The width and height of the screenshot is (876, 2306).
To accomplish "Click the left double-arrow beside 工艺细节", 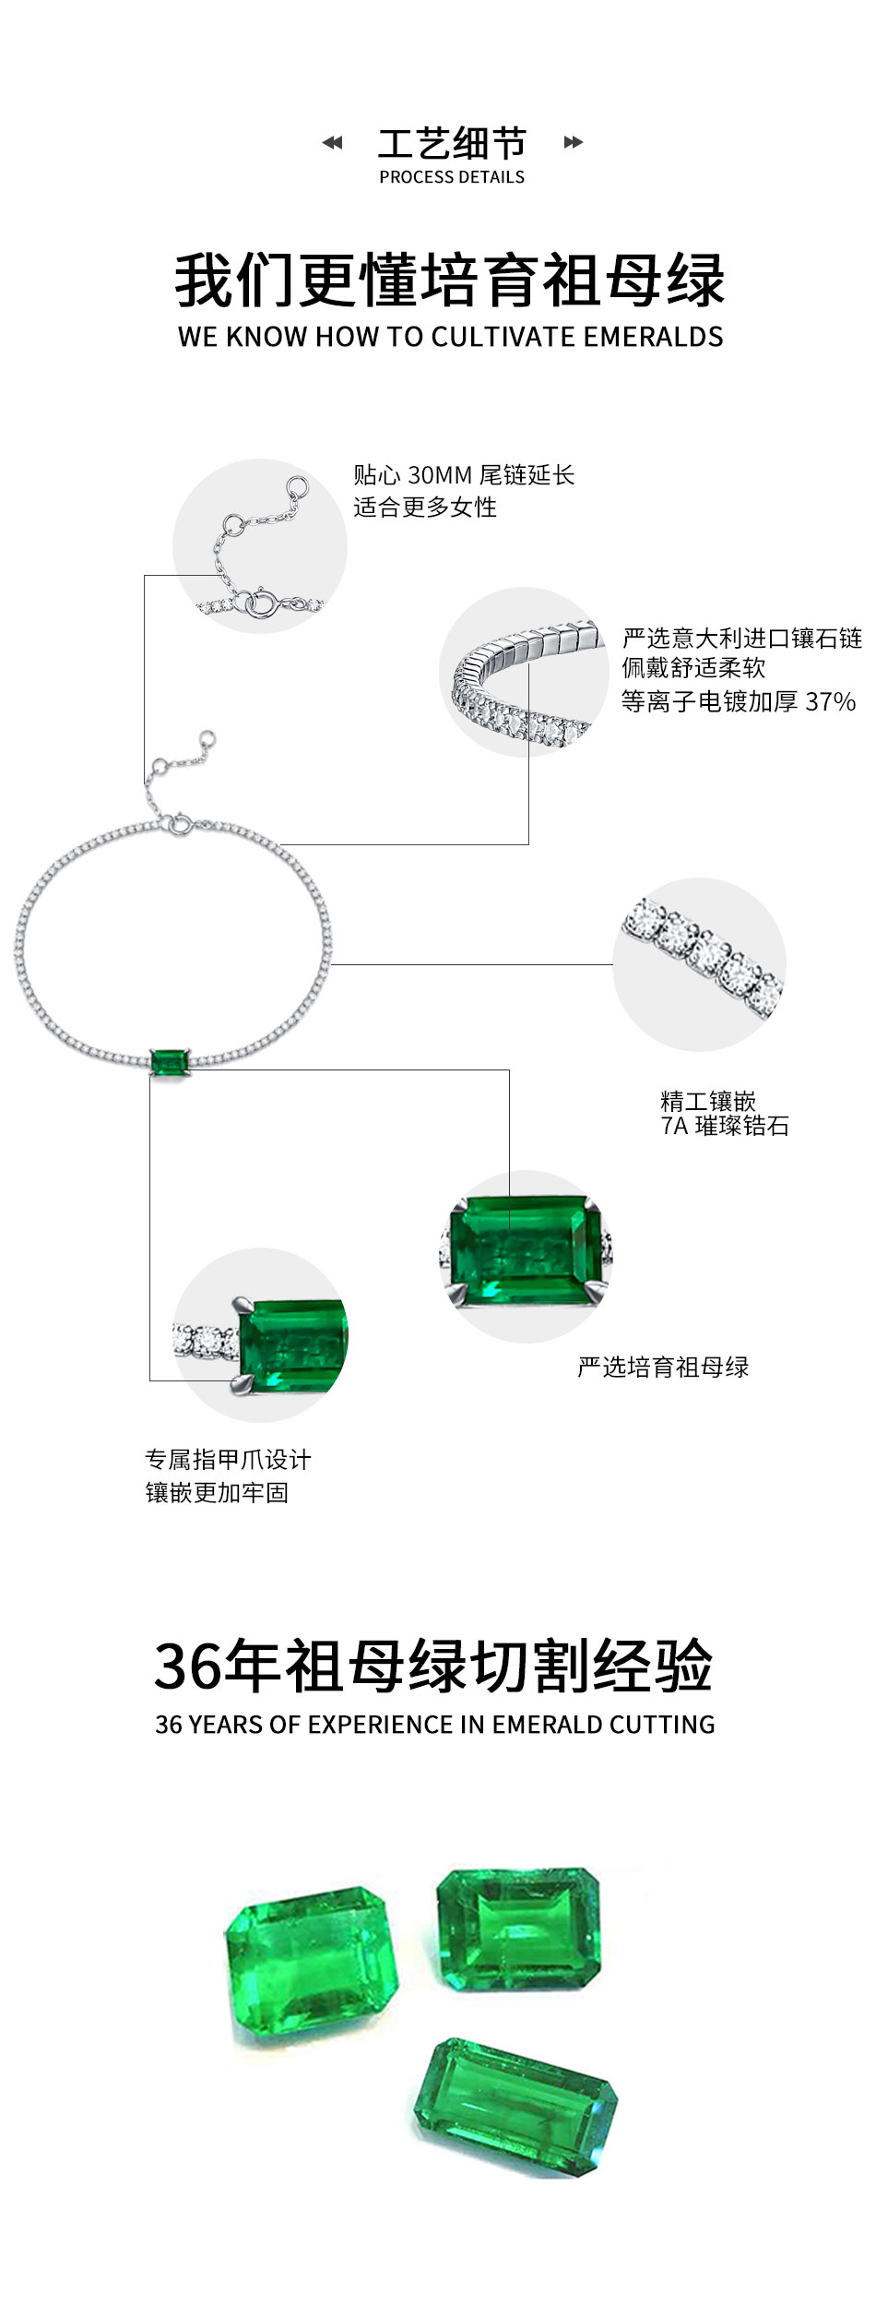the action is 332,142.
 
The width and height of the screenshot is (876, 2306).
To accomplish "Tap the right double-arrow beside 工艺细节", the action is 574,142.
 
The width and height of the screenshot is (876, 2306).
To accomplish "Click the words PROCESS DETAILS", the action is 452,177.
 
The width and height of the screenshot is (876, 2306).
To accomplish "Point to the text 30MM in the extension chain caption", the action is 440,475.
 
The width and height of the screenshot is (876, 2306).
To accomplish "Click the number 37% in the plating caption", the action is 831,702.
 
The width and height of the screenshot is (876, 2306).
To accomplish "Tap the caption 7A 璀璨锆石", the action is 725,1126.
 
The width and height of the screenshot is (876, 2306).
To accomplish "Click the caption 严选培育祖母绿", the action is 663,1368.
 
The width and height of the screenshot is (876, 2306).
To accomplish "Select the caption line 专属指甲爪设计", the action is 228,1460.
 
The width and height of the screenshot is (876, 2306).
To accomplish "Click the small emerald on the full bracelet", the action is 170,1062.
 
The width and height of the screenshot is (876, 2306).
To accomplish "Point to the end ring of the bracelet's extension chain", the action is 208,738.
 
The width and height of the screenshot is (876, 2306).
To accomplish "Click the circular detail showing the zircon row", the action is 700,964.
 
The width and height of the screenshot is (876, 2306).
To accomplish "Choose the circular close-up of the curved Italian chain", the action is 525,673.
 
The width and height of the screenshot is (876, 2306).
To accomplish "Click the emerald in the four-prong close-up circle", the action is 525,1250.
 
